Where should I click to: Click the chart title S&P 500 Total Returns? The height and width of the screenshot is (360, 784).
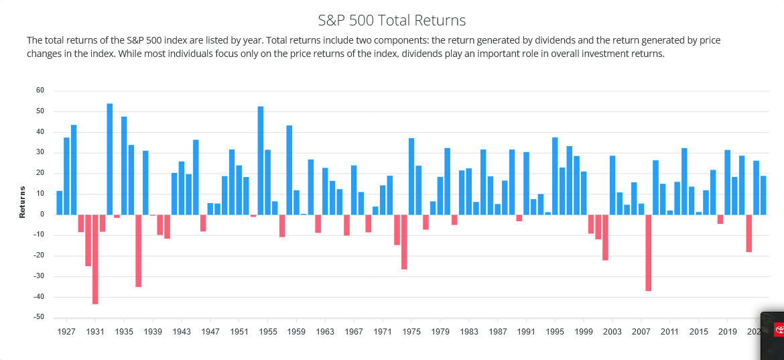[391, 20]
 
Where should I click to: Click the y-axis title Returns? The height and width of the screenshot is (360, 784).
[22, 202]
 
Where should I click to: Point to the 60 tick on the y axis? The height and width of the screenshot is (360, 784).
[40, 91]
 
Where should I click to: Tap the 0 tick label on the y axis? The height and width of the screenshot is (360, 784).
[42, 215]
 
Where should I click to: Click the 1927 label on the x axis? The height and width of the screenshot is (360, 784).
[66, 332]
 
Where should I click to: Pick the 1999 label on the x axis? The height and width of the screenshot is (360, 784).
[584, 332]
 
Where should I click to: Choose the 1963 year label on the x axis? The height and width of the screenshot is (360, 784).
[325, 332]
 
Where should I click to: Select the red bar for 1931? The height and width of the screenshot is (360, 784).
[95, 259]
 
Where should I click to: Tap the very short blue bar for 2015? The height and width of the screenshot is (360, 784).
[699, 213]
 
